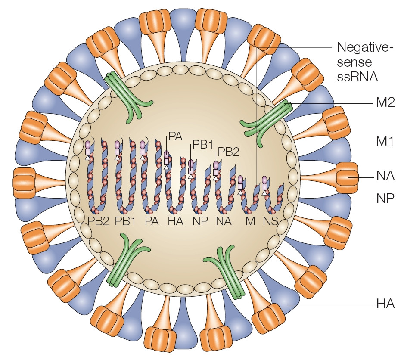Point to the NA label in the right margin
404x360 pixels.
click(x=382, y=177)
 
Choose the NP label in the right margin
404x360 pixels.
click(x=382, y=200)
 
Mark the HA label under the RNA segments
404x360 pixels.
click(x=174, y=222)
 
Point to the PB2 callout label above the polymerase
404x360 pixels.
click(x=228, y=152)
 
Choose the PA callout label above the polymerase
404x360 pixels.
click(x=175, y=137)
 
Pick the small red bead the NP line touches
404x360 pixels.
click(x=280, y=199)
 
